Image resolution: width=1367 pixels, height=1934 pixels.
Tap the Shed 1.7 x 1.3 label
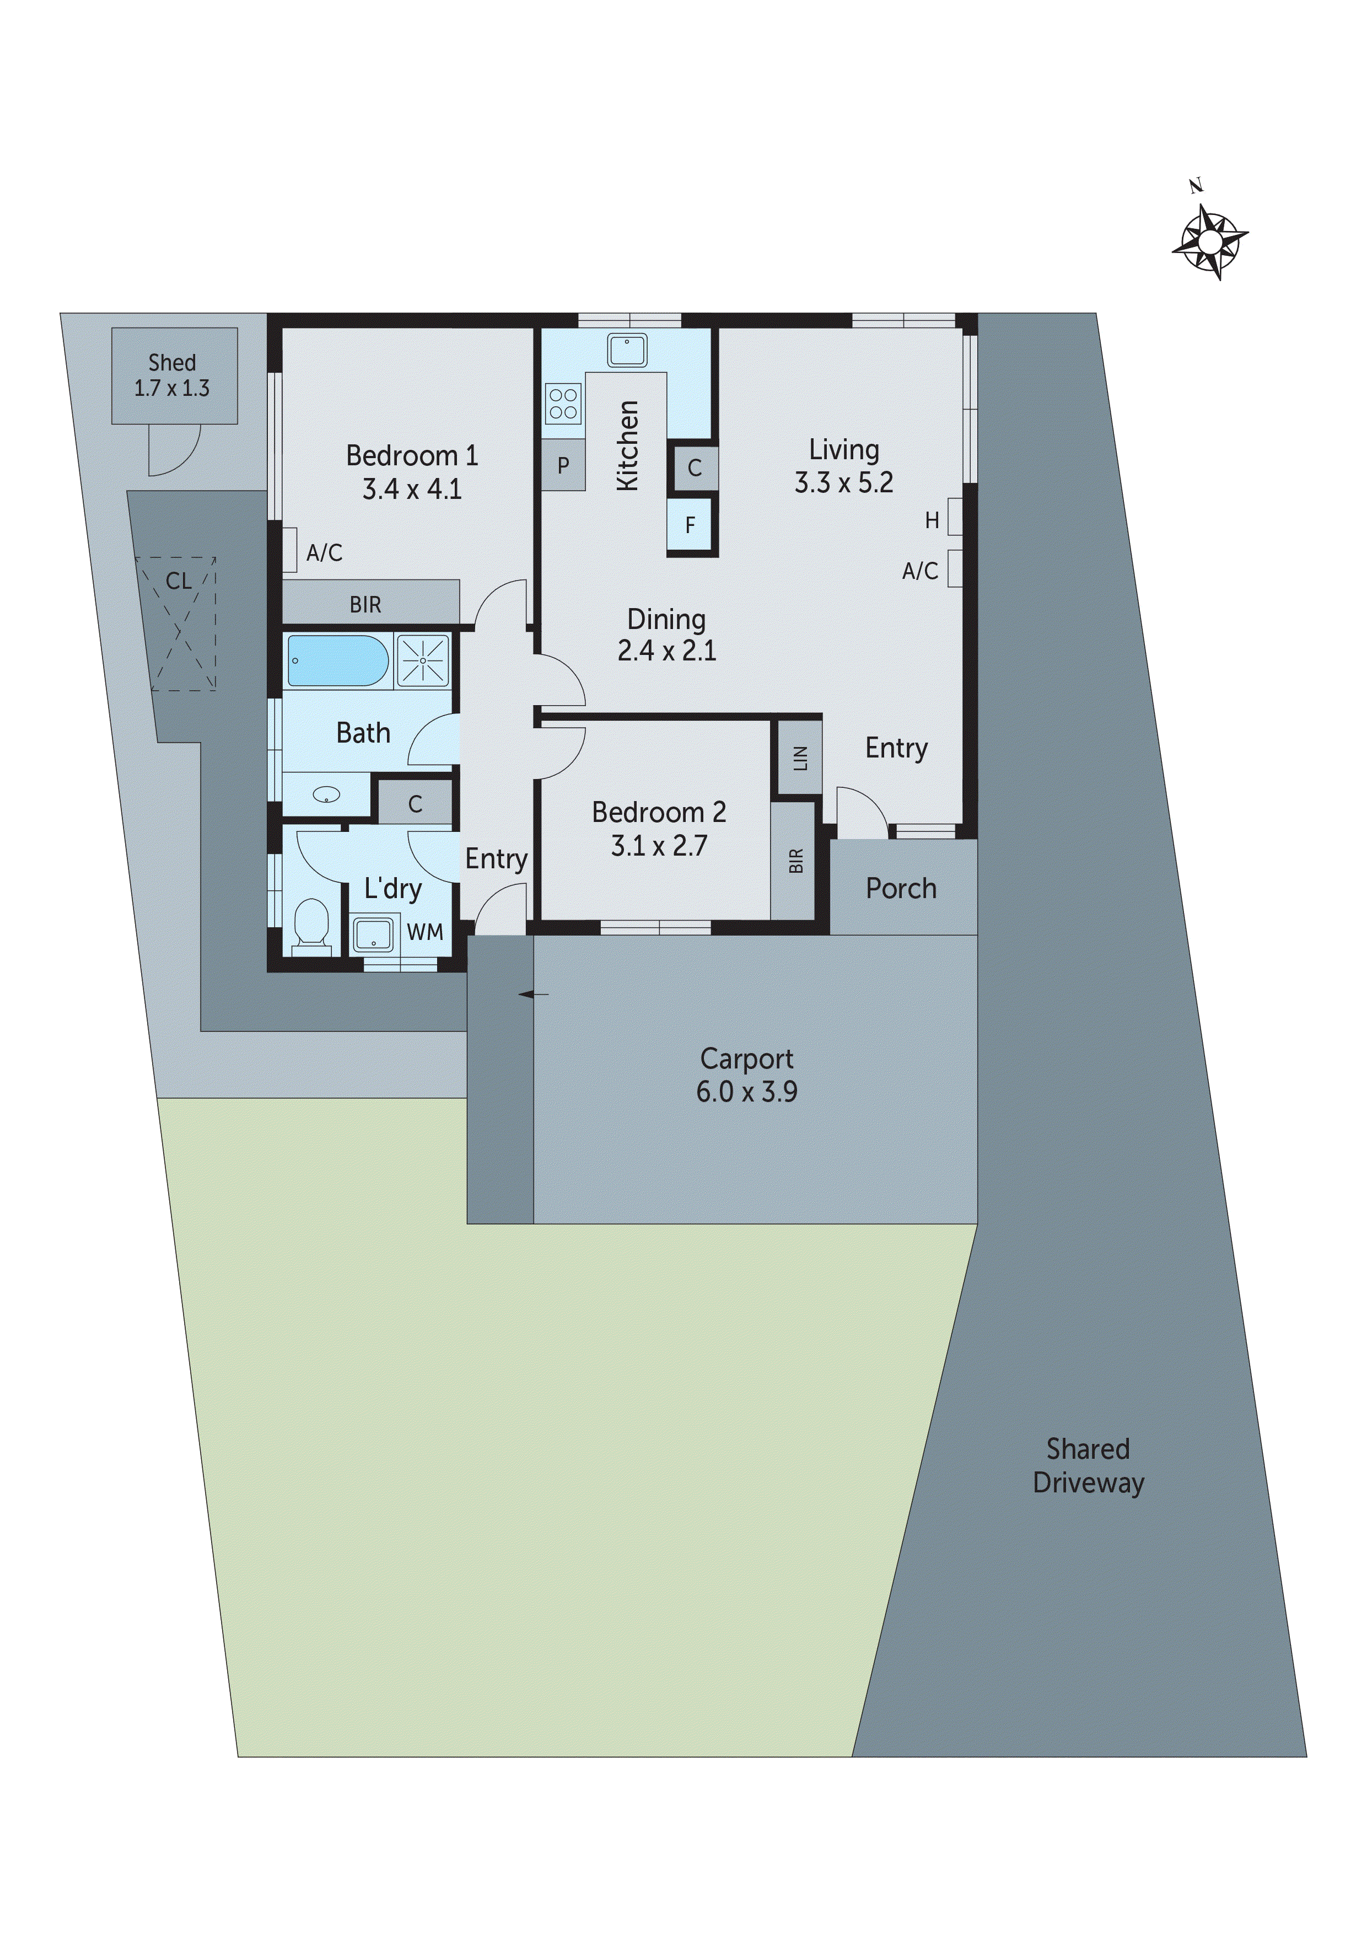pyautogui.click(x=172, y=375)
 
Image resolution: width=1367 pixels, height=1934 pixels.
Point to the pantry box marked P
pyautogui.click(x=563, y=465)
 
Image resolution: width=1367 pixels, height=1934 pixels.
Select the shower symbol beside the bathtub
pyautogui.click(x=423, y=660)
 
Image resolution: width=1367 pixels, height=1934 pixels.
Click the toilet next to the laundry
pyautogui.click(x=311, y=924)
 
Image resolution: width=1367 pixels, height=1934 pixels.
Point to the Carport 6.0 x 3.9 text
pyautogui.click(x=746, y=1075)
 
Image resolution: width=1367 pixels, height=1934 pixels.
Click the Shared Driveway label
pyautogui.click(x=1088, y=1466)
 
